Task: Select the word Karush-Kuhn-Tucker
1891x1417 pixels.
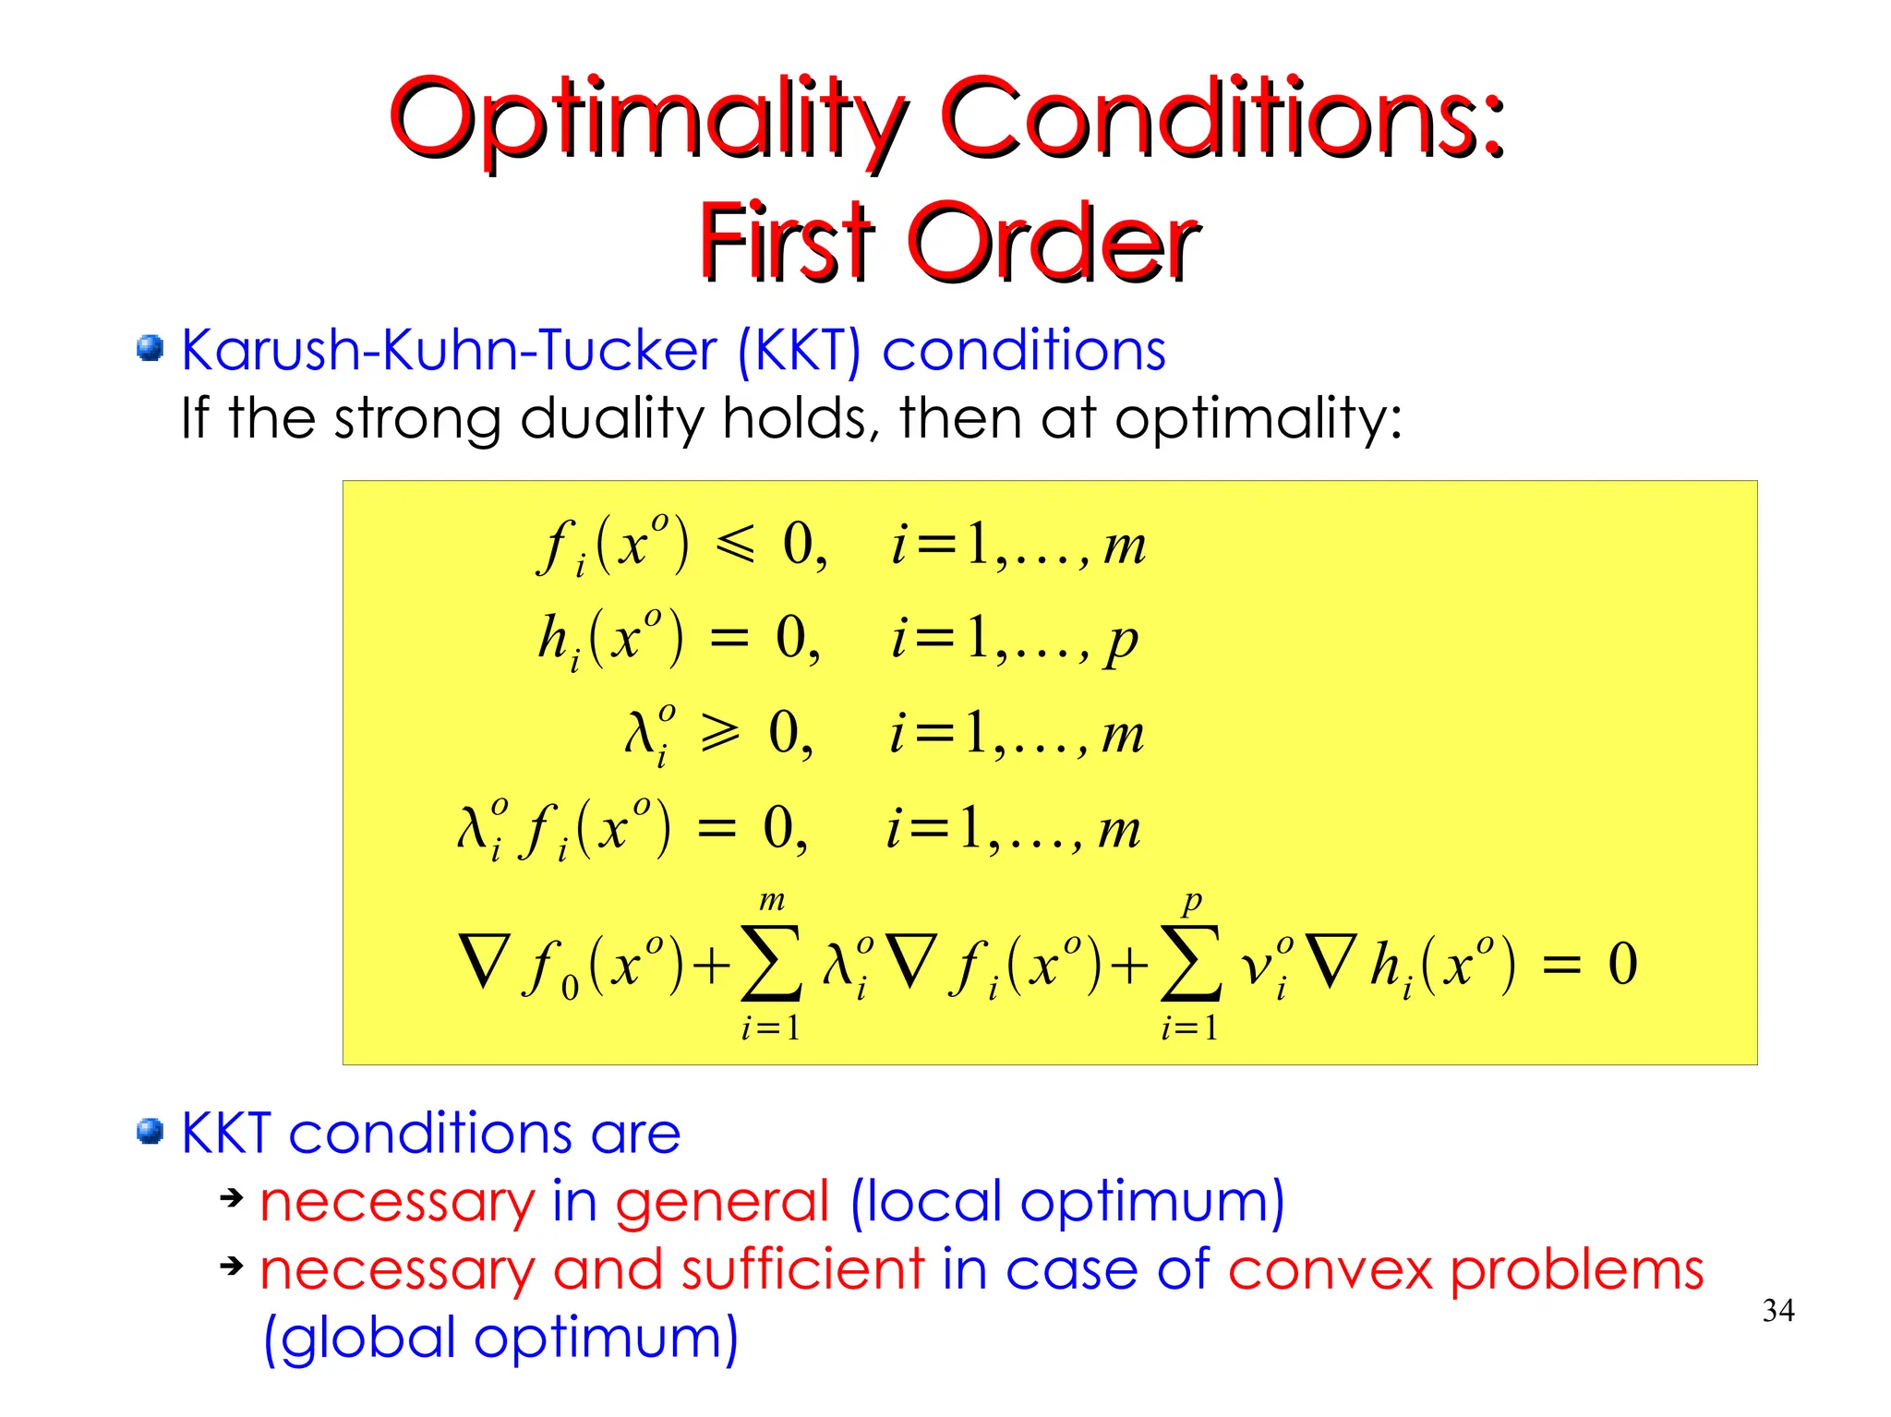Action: (x=449, y=350)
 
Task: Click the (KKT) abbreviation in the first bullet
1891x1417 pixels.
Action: (x=799, y=351)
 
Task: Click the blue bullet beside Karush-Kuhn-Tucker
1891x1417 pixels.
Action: (x=150, y=349)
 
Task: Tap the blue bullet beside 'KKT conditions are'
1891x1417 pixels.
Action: (x=150, y=1131)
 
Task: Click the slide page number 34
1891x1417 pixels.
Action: (x=1777, y=1310)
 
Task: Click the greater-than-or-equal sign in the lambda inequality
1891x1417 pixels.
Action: (x=720, y=733)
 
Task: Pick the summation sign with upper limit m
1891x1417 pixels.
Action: (x=771, y=965)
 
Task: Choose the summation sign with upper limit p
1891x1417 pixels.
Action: (x=1190, y=965)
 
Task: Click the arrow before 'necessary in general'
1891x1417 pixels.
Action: (x=231, y=1198)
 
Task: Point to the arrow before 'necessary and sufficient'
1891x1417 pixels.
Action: (x=231, y=1266)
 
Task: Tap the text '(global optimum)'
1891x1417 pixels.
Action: (x=500, y=1338)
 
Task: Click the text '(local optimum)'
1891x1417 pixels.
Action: (x=1066, y=1202)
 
